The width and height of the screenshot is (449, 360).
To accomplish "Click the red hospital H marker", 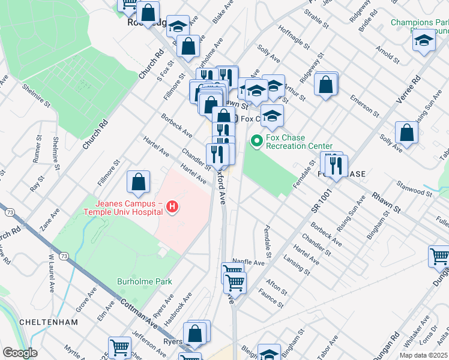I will pyautogui.click(x=172, y=208).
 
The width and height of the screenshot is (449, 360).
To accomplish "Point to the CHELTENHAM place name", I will pyautogui.click(x=49, y=322).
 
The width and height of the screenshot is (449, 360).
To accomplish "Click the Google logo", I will pyautogui.click(x=20, y=353).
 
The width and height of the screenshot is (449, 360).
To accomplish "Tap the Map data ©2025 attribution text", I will pyautogui.click(x=423, y=355).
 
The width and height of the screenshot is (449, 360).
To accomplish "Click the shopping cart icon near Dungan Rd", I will pyautogui.click(x=439, y=257).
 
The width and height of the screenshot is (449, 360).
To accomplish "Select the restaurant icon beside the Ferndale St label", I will pyautogui.click(x=334, y=165).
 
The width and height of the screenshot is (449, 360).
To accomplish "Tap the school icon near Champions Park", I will pyautogui.click(x=424, y=41).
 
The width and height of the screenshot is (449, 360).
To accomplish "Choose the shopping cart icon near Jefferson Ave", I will pyautogui.click(x=119, y=347).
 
